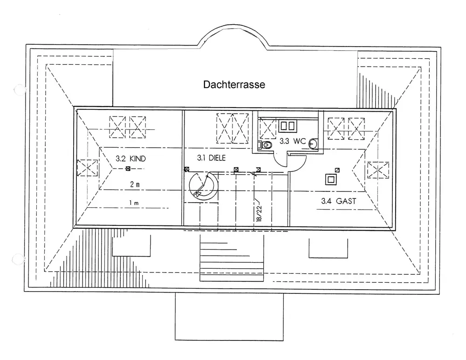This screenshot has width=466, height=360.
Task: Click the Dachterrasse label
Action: pyautogui.click(x=234, y=85)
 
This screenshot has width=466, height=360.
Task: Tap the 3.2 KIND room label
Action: pyautogui.click(x=130, y=159)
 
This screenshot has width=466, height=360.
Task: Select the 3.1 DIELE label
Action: pyautogui.click(x=211, y=158)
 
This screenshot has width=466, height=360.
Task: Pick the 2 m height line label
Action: pyautogui.click(x=135, y=184)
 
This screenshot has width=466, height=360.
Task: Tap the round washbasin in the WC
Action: pyautogui.click(x=313, y=143)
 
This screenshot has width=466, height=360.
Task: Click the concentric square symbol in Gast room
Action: pyautogui.click(x=331, y=179)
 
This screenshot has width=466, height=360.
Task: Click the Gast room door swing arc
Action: pyautogui.click(x=299, y=163)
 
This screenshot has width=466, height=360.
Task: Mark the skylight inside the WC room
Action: pyautogui.click(x=267, y=128)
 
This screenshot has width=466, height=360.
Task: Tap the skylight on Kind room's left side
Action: pyautogui.click(x=87, y=168)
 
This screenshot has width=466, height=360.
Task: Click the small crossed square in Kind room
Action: pyautogui.click(x=127, y=169)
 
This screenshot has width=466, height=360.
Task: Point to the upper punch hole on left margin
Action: pyautogui.click(x=19, y=88)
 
